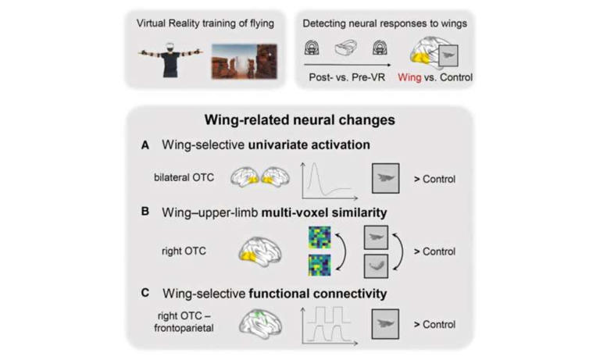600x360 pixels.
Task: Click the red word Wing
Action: coord(409,77)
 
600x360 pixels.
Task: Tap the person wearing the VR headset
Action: coord(170,59)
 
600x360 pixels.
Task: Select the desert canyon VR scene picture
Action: coord(244,62)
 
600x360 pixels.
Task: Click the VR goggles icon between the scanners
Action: coord(346,48)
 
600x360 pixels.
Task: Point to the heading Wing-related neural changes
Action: coord(300,119)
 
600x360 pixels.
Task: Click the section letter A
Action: coord(145,145)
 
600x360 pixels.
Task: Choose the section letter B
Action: coord(145,212)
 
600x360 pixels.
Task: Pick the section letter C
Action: coord(145,293)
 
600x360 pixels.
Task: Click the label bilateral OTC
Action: coord(184,177)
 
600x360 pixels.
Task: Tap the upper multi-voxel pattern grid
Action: coord(320,237)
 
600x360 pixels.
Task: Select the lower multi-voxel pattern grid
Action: coord(320,266)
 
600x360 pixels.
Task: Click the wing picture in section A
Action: coord(386,178)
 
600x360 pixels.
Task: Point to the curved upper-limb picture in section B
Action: coord(376,266)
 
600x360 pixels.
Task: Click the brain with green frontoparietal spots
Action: coord(261,323)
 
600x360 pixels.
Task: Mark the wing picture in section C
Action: coord(385,324)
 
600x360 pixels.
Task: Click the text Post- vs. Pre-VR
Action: coord(347,77)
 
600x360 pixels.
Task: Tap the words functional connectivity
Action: coord(318,294)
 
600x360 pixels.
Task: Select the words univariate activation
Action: coord(309,145)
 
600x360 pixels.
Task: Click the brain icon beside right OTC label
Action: coord(260,251)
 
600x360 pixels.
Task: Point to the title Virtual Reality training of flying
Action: coord(205,23)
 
